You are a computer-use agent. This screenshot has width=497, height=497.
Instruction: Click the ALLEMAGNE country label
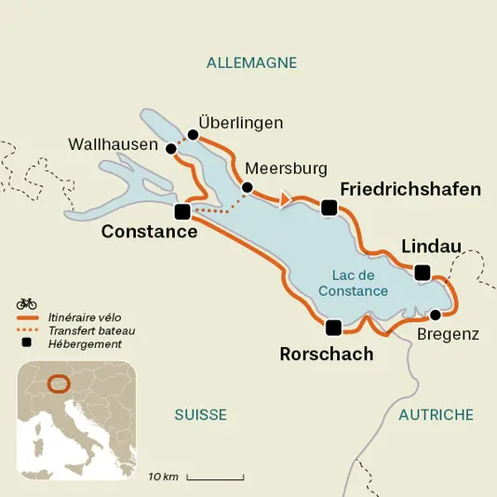click(x=251, y=62)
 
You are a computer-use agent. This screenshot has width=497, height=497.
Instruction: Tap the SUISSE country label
click(x=200, y=414)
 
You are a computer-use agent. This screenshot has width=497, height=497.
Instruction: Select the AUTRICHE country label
click(x=436, y=414)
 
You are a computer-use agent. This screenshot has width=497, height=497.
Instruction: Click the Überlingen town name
click(x=241, y=123)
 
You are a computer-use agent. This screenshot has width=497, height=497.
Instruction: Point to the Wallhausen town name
click(x=114, y=144)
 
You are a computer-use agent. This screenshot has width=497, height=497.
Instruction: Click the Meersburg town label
click(x=286, y=168)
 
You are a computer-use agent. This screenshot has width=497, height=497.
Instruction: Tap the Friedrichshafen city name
click(x=410, y=189)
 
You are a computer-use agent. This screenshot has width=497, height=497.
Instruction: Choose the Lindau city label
click(x=431, y=246)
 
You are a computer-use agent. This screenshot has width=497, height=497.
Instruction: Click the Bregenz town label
click(x=448, y=333)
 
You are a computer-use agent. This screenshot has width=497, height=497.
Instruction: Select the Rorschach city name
click(x=327, y=354)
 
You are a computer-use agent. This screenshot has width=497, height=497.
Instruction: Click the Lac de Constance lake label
click(x=353, y=283)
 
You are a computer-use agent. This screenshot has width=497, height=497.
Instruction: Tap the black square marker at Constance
click(x=182, y=212)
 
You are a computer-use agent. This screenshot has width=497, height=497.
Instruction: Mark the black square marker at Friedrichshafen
click(x=329, y=208)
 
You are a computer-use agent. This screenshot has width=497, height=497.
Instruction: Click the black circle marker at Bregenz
click(x=435, y=314)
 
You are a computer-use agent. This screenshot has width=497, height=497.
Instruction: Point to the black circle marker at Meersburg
click(x=247, y=187)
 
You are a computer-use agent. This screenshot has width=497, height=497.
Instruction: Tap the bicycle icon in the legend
click(x=26, y=302)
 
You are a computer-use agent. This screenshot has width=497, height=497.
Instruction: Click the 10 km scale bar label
click(x=163, y=477)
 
